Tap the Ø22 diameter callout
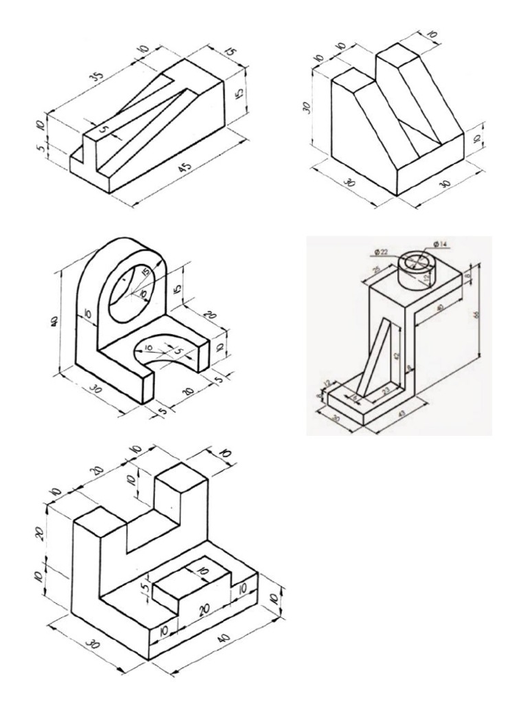coord(383,252)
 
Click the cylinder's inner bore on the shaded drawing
coord(418,262)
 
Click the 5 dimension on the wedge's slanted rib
coord(103,129)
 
